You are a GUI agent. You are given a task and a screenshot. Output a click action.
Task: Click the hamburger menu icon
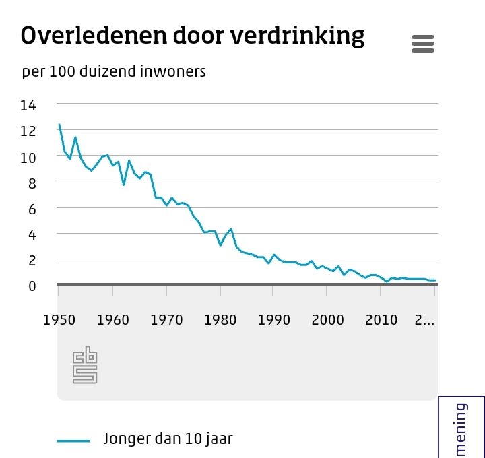coord(423,44)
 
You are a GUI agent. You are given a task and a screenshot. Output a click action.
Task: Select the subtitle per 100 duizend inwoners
coord(114,71)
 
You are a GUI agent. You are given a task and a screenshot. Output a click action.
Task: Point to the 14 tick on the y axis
coord(28,105)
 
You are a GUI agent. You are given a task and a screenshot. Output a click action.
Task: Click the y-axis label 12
coord(28,131)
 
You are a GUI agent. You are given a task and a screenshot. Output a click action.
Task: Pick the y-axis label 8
coord(32,183)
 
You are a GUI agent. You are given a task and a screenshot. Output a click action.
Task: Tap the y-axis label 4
coord(32,234)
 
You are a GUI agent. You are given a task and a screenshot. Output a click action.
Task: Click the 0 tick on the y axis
coord(32,286)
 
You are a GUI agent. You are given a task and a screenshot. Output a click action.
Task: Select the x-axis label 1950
coord(59,319)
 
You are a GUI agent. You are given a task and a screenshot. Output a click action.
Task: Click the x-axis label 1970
coord(166,319)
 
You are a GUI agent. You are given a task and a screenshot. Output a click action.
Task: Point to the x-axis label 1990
coord(274,319)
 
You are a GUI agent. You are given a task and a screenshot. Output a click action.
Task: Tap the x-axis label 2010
coord(382,319)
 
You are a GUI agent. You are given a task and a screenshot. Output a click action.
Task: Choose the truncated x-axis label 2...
coord(424,319)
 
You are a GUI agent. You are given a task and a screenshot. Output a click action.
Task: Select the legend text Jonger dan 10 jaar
coord(168,439)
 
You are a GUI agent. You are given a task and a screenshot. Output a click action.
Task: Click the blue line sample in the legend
coord(73,440)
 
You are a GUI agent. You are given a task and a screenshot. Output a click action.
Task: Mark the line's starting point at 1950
coord(59,125)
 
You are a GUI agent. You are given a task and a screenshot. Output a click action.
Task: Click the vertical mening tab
coord(461,428)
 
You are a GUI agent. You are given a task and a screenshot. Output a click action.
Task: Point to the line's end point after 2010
coord(434,280)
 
